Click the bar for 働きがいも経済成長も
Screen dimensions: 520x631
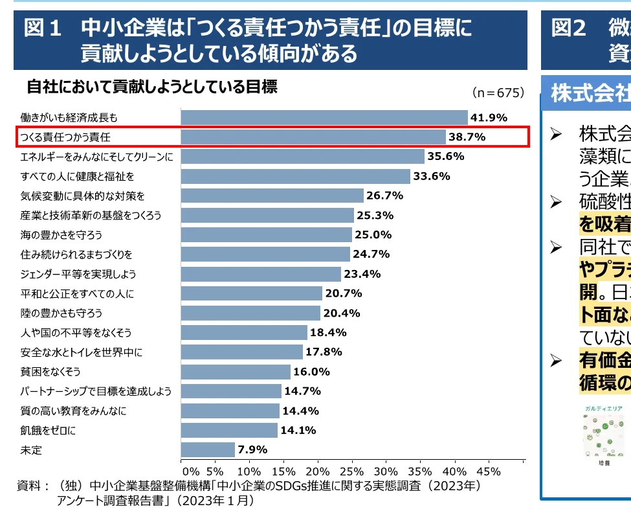click(x=324, y=117)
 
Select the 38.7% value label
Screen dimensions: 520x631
click(x=467, y=137)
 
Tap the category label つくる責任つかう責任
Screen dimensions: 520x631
click(x=65, y=137)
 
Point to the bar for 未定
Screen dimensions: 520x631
click(x=207, y=449)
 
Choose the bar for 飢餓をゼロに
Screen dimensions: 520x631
click(x=228, y=430)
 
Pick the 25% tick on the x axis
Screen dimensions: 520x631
click(x=352, y=471)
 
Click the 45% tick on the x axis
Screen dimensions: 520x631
click(x=489, y=471)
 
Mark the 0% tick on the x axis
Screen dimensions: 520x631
click(x=191, y=471)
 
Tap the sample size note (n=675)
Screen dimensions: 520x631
click(x=497, y=93)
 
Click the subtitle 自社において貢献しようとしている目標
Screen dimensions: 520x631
click(x=152, y=87)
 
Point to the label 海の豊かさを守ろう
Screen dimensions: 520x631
click(x=61, y=234)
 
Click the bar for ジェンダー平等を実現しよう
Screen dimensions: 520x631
click(x=260, y=274)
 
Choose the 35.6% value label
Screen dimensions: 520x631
click(x=445, y=156)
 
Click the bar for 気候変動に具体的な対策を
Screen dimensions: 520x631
click(x=272, y=196)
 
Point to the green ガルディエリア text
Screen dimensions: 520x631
click(x=603, y=409)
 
